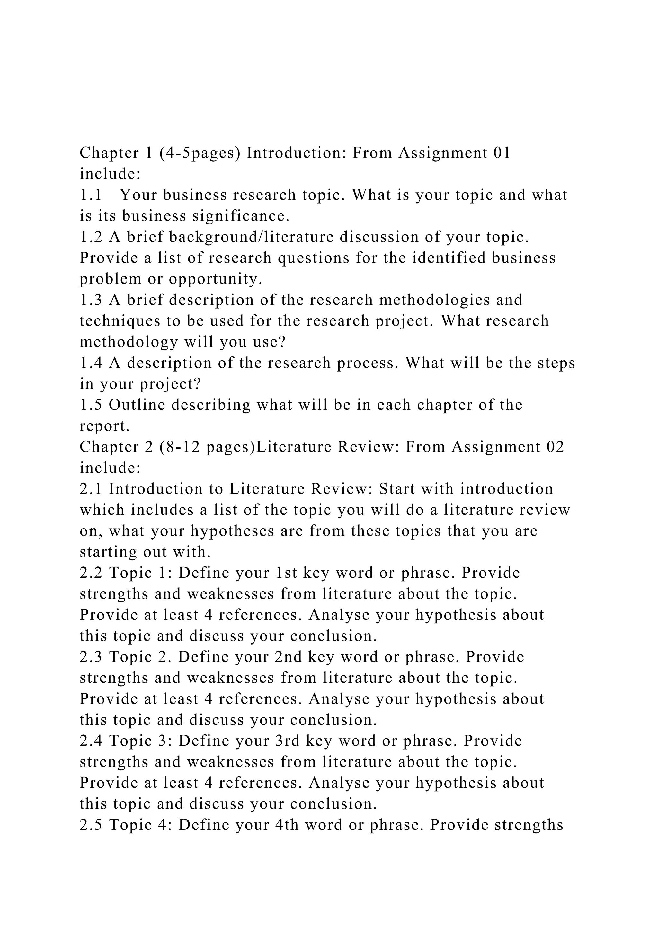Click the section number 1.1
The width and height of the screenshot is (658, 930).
tap(90, 196)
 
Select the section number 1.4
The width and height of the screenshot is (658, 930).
tap(91, 363)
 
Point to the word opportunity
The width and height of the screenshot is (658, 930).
tap(216, 279)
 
